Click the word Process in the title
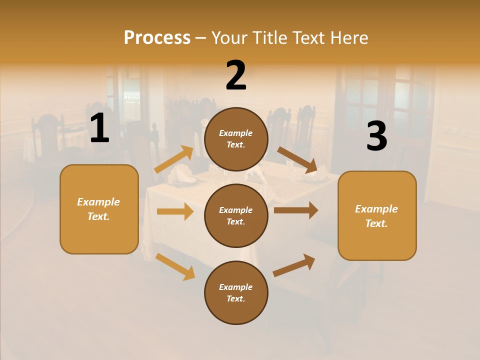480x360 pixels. click(157, 38)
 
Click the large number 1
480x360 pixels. click(99, 128)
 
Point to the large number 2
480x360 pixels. click(236, 75)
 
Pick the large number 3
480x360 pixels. click(376, 136)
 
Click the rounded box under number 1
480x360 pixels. click(99, 209)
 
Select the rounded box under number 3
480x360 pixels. click(377, 216)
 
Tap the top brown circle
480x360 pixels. click(236, 139)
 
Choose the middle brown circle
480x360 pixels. click(236, 215)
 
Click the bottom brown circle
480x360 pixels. click(236, 292)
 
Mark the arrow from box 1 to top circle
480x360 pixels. click(174, 159)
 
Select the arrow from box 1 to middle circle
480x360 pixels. click(175, 211)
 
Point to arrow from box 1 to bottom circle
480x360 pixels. click(175, 266)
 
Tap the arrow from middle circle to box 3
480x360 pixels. click(296, 210)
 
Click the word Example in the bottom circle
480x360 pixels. click(236, 287)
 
